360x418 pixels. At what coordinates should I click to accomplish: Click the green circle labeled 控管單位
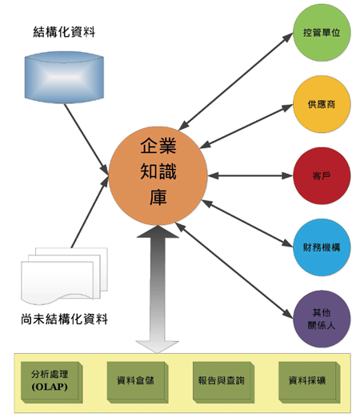point(322,33)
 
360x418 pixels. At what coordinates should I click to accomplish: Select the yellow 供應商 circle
point(322,104)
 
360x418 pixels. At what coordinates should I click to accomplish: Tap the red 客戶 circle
point(322,176)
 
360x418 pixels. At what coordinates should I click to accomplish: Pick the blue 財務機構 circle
point(322,247)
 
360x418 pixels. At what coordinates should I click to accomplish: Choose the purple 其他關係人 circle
point(322,319)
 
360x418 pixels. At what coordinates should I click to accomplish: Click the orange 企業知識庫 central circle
point(158,175)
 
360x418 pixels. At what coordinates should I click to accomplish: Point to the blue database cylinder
point(64,78)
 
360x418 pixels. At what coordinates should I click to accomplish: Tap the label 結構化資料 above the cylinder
point(64,32)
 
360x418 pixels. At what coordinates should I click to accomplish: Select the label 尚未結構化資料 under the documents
point(64,319)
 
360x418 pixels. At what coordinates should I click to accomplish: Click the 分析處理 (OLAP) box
point(52,382)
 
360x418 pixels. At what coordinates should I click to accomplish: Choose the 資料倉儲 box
point(138,382)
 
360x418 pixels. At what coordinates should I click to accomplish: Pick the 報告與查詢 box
point(223,382)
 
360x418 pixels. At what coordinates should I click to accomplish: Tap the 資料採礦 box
point(310,382)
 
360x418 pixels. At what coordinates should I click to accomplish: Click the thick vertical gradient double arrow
point(158,289)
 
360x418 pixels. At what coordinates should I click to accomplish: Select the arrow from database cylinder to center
point(86,139)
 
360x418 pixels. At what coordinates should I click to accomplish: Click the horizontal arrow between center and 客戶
point(250,175)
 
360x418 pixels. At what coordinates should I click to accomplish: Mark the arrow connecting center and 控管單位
point(236,82)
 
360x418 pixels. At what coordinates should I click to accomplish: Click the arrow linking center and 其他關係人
point(234,271)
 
